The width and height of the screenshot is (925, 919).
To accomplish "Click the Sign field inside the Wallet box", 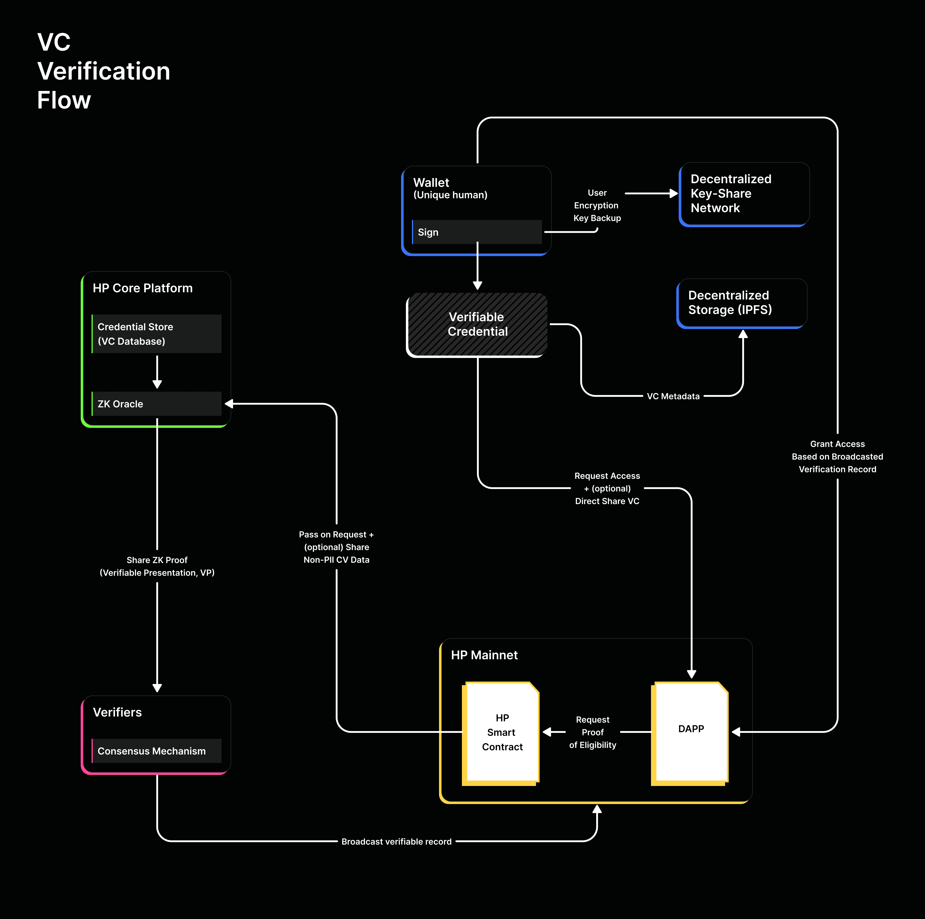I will coord(476,232).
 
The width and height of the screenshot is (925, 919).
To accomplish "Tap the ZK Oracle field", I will coord(157,404).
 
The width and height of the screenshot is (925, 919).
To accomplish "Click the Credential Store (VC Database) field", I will coord(157,334).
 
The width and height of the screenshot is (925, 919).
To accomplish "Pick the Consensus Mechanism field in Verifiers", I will coord(157,751).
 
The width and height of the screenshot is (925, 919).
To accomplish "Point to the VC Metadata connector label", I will coord(673,396).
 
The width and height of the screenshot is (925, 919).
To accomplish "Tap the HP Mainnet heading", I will coord(484,655).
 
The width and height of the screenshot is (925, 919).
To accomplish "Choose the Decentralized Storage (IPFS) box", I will coord(742,303).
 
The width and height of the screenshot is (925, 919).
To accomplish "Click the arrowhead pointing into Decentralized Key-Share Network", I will coord(674,194).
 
